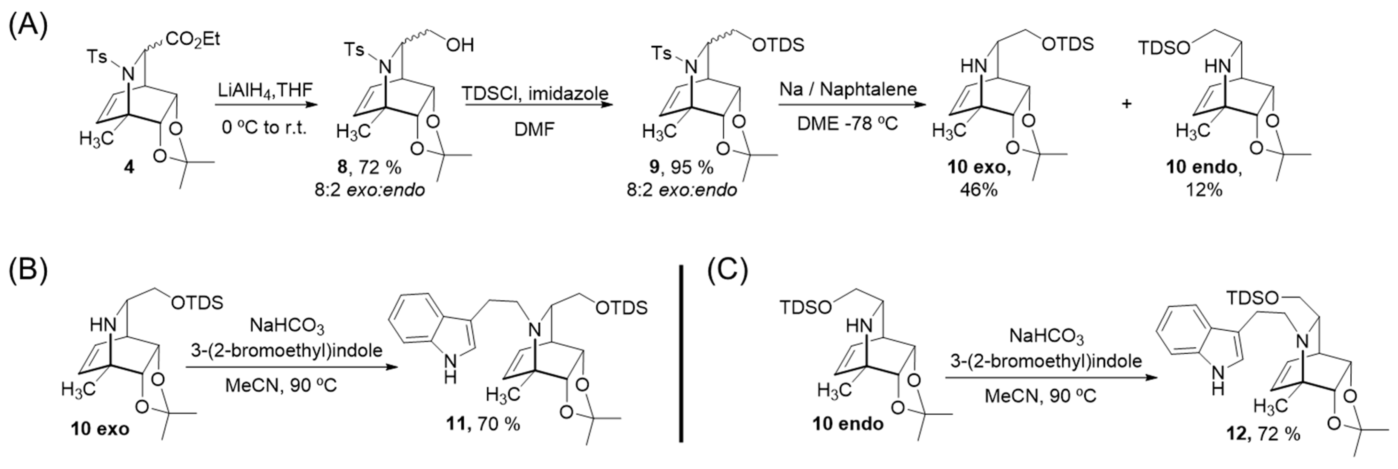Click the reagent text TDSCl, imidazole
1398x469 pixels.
tap(535, 93)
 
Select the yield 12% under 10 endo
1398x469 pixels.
tap(1204, 190)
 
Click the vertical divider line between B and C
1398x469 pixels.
tap(681, 353)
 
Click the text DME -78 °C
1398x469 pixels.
tap(847, 124)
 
